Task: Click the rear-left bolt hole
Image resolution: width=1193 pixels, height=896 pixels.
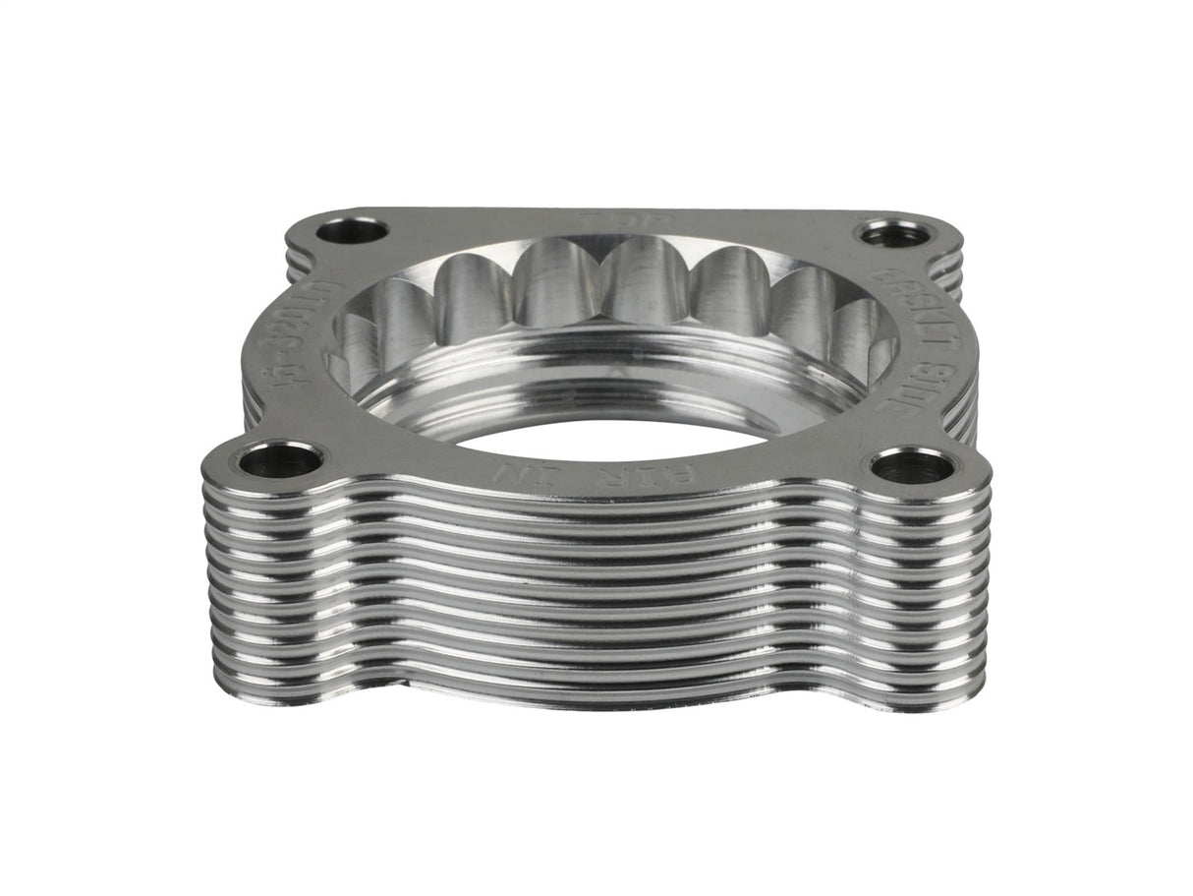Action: coord(352,231)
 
